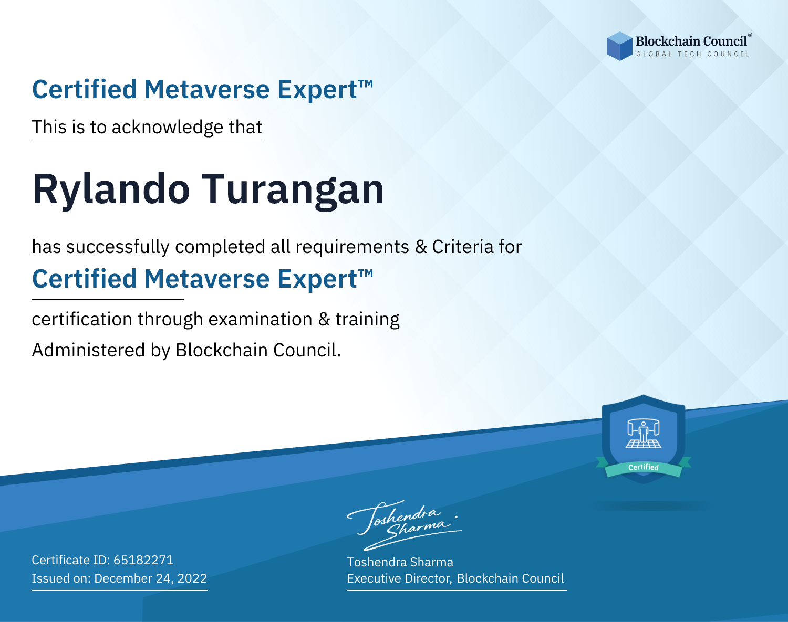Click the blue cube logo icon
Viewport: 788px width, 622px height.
[619, 46]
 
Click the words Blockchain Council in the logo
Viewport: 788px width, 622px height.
[691, 41]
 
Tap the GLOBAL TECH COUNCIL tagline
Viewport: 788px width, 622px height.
[692, 54]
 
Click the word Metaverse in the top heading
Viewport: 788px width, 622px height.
[207, 89]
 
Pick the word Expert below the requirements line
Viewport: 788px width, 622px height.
[317, 279]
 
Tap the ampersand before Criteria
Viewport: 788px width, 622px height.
[421, 247]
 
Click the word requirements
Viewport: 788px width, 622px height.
[352, 247]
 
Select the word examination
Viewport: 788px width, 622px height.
[260, 319]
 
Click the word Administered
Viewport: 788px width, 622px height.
[88, 350]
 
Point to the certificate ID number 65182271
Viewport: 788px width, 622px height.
[143, 560]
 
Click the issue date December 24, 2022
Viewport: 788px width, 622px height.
[150, 578]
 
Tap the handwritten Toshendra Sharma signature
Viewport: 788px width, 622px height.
[405, 525]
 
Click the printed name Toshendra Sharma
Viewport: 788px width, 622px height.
[400, 562]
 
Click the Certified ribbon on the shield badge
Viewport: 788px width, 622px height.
[644, 468]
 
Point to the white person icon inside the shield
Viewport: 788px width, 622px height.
[644, 433]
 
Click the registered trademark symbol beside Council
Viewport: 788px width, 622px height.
[750, 35]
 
